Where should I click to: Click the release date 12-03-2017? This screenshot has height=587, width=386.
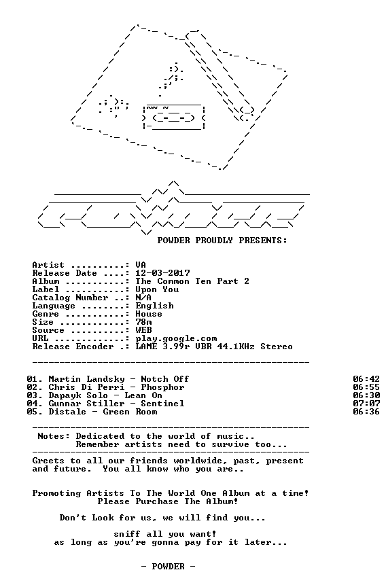pos(162,273)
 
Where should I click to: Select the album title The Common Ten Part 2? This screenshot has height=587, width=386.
pos(192,281)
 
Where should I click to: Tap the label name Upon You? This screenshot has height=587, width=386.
pos(157,289)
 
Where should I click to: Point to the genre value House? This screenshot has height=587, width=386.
pos(149,314)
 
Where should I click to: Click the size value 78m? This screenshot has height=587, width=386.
pos(144,322)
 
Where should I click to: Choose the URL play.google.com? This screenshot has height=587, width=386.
pos(176,339)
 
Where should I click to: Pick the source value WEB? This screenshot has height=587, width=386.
pos(144,330)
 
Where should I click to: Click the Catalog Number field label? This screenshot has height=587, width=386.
pos(70,298)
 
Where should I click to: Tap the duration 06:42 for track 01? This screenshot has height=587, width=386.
pos(366,379)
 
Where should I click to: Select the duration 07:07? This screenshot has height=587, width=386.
pos(366,404)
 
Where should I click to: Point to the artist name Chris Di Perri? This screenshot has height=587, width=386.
pos(86,387)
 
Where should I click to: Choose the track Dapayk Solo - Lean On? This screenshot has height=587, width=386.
pos(105,395)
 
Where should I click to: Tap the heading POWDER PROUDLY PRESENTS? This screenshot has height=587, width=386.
pos(222,241)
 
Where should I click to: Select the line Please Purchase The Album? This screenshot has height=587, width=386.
pos(168,501)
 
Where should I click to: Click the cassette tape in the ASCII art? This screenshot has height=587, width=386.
pos(174,118)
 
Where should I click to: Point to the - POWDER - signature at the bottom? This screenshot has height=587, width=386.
pos(168,567)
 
